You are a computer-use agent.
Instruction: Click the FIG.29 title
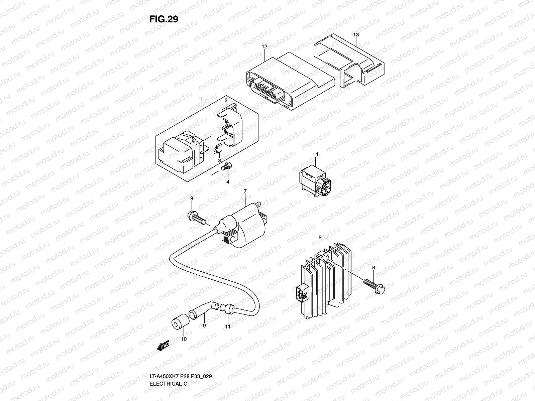[x=164, y=19]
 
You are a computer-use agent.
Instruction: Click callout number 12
[x=264, y=47]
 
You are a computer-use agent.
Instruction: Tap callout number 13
[x=356, y=35]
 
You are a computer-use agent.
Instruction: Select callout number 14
[x=316, y=154]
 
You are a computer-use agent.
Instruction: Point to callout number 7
[x=245, y=191]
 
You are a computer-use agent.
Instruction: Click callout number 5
[x=320, y=237]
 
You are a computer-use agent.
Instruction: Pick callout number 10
[x=184, y=339]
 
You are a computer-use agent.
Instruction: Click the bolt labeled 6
[x=373, y=285]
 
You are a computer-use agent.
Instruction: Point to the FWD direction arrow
[x=164, y=345]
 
